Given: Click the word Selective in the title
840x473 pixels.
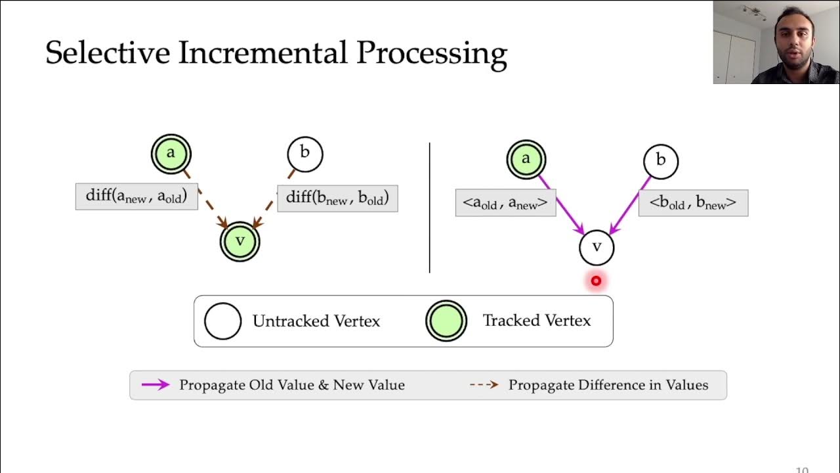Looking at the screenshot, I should [x=108, y=53].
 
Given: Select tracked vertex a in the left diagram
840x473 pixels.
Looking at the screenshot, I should [x=171, y=154].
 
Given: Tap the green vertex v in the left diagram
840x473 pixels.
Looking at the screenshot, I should [x=240, y=242].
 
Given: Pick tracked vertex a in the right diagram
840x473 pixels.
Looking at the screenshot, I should [x=526, y=160].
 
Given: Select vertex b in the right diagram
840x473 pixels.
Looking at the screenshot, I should [x=660, y=161].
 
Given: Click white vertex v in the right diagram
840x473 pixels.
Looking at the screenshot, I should [x=597, y=248].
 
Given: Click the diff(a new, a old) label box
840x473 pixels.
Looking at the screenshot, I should [x=136, y=196].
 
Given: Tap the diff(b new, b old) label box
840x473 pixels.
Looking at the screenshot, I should [x=337, y=198].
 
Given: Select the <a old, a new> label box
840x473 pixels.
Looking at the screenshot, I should [x=505, y=203].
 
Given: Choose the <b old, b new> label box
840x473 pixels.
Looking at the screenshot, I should [x=693, y=203].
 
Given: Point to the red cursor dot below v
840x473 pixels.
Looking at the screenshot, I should [x=596, y=281].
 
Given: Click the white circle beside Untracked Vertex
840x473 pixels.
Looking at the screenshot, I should [x=223, y=321].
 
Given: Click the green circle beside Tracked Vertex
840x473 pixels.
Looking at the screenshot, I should [x=446, y=321].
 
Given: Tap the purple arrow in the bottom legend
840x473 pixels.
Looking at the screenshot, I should [x=156, y=385].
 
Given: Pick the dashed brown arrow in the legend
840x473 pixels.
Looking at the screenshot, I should [x=484, y=385].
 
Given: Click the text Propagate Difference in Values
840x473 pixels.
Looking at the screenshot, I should [x=608, y=385].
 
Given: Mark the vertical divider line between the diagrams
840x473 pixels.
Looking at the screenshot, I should [x=430, y=207].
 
